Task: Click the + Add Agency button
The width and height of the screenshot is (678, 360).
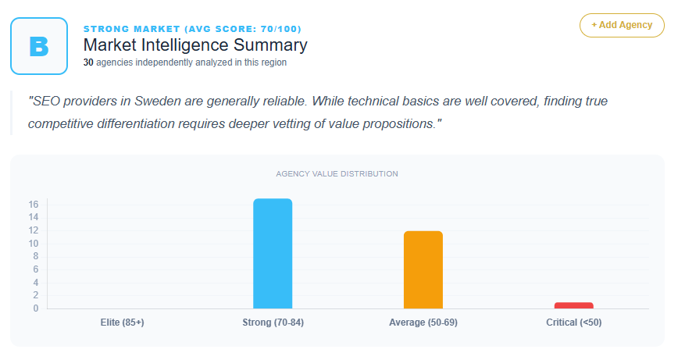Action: (622, 25)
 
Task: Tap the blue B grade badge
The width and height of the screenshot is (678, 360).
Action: (39, 46)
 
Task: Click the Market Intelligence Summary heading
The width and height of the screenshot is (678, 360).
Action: (195, 45)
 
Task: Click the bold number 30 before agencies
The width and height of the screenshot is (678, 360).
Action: (88, 62)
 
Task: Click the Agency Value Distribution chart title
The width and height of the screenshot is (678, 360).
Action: (337, 173)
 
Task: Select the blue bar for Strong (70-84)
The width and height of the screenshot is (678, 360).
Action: (273, 254)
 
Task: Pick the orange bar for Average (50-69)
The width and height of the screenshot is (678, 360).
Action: (423, 270)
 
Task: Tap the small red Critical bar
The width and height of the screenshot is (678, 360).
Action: (574, 305)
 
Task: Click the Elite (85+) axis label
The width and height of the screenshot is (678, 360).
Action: (123, 323)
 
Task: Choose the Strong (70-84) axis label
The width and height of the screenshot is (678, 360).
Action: (273, 323)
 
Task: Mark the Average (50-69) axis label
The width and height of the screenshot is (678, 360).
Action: (423, 323)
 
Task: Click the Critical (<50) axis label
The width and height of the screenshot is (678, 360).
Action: (574, 323)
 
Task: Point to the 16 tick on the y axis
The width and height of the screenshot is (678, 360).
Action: (34, 205)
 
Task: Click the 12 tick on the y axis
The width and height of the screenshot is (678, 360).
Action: (34, 230)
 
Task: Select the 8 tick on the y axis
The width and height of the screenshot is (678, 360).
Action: (36, 256)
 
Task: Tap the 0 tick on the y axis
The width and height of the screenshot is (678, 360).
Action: (36, 308)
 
